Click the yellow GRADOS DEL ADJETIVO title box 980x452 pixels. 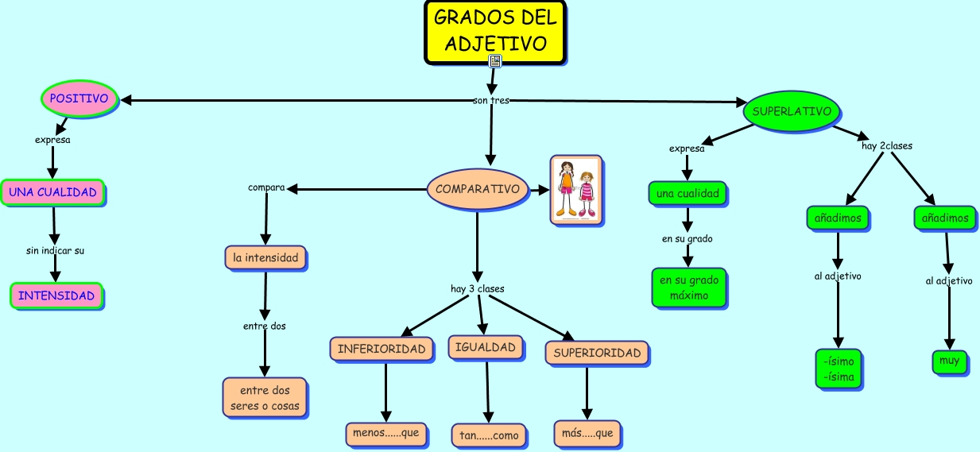point(495,30)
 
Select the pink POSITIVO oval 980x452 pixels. point(79,99)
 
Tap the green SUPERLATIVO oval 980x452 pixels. point(791,111)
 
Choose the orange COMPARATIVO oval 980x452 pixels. point(478,189)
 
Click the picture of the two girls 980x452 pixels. point(577,190)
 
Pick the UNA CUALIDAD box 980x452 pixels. point(52,192)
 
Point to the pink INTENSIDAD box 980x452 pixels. point(56,296)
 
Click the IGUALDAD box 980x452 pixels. point(486,347)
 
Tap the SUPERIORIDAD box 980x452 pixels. point(597,353)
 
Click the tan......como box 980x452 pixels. point(488,435)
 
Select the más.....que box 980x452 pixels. point(587,434)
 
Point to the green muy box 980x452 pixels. point(949,361)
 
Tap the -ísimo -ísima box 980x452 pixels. point(839,369)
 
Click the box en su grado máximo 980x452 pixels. point(688,288)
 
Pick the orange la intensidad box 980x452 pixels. point(265,257)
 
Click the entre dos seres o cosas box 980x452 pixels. point(265,397)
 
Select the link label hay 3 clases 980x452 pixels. point(477,288)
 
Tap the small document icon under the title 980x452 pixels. point(494,61)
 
